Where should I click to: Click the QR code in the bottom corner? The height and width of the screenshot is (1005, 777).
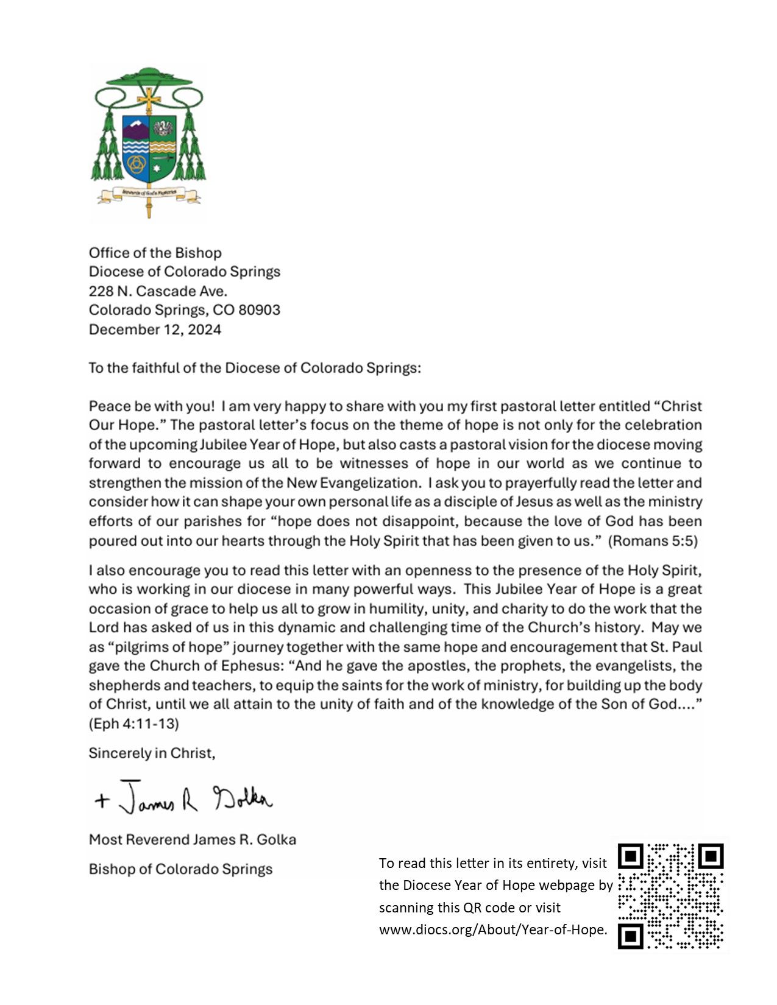pos(671,896)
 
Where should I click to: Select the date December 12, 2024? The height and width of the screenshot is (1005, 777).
pos(155,330)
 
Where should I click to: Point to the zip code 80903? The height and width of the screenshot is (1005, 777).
pos(259,310)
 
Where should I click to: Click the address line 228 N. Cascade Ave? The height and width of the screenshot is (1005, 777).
pos(158,291)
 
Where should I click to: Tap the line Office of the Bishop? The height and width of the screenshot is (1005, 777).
pos(155,253)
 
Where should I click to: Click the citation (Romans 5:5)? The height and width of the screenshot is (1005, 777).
pos(653,541)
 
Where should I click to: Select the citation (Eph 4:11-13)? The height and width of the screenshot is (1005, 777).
pos(133,724)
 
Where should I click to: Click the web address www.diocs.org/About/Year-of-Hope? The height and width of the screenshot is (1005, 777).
pos(493,929)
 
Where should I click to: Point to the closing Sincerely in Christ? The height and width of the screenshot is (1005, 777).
pos(152,753)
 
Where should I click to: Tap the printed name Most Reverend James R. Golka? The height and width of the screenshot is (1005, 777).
pos(193,839)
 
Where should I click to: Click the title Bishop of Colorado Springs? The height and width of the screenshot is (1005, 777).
pos(180,869)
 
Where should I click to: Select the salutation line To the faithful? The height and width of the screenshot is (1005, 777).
pos(255,368)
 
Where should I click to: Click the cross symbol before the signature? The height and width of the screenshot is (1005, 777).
pos(102,800)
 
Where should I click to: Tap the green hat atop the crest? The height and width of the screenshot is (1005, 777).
pos(149,77)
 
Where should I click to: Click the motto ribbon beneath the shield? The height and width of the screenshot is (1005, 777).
pos(149,194)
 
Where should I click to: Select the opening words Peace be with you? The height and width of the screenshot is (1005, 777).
pos(152,406)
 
